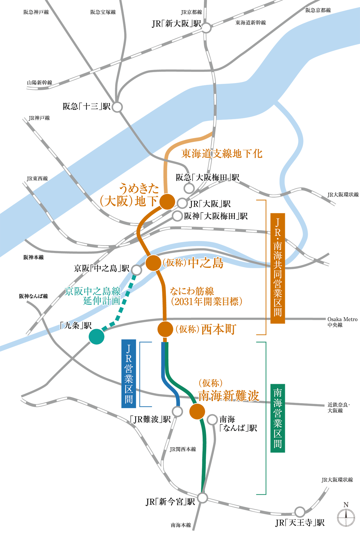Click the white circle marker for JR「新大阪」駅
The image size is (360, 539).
click(206, 28)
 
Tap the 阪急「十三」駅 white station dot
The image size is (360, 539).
click(117, 107)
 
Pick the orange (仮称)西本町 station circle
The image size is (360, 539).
click(165, 329)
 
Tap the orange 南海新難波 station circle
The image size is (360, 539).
click(197, 411)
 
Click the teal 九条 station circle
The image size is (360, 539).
click(96, 336)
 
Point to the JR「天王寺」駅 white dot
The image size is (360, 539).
click(300, 512)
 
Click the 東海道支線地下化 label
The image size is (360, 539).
click(222, 154)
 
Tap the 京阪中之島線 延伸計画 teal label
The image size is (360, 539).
click(93, 296)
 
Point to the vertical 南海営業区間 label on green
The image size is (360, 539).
click(278, 418)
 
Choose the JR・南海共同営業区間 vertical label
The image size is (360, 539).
click(278, 268)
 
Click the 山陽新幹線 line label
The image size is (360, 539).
click(40, 83)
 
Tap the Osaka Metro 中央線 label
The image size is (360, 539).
click(342, 322)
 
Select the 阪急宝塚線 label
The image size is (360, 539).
click(103, 12)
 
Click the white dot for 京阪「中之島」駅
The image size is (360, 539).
click(136, 270)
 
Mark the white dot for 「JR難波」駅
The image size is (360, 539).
click(177, 411)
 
